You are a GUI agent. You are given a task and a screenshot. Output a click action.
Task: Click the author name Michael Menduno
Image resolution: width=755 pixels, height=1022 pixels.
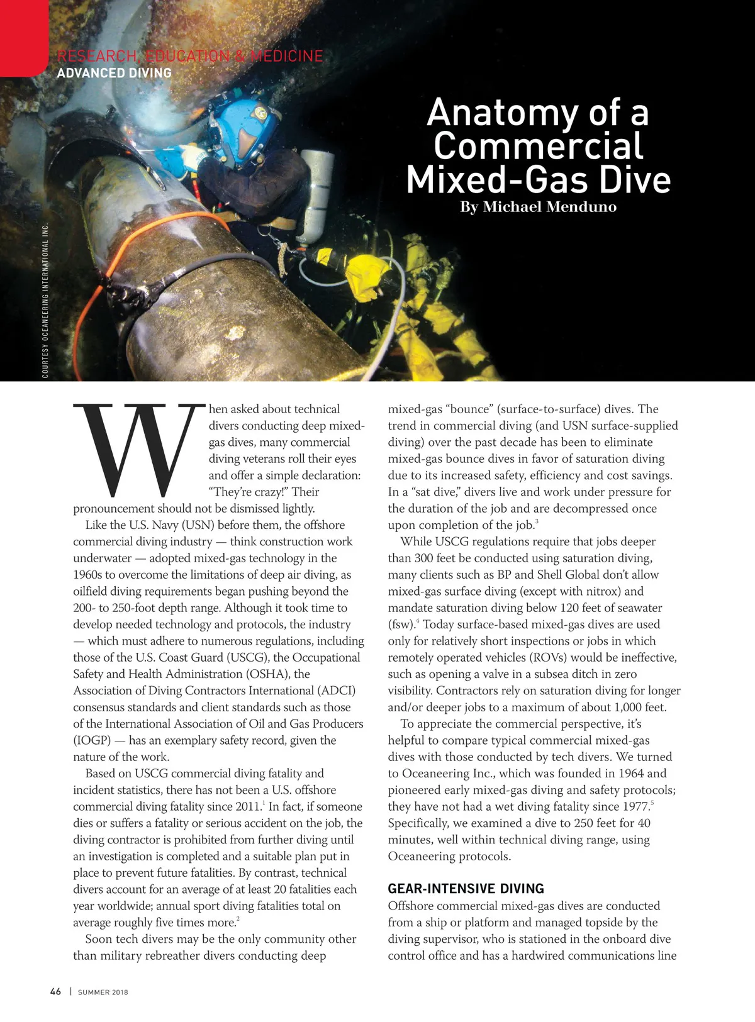549,207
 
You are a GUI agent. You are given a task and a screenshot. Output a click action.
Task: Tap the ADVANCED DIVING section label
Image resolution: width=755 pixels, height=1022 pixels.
114,73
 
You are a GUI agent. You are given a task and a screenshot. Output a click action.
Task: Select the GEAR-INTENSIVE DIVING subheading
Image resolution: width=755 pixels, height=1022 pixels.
466,889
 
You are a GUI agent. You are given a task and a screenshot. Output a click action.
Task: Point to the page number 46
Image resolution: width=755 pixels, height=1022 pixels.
56,991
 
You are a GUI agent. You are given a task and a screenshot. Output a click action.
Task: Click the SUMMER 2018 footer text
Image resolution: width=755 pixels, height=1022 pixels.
103,992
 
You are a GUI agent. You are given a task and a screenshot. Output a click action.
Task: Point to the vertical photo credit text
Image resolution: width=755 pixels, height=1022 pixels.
45,301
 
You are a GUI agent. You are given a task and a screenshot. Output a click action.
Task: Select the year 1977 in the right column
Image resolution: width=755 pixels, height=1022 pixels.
636,806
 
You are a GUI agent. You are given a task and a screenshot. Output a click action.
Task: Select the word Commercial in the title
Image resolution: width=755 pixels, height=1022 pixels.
538,146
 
